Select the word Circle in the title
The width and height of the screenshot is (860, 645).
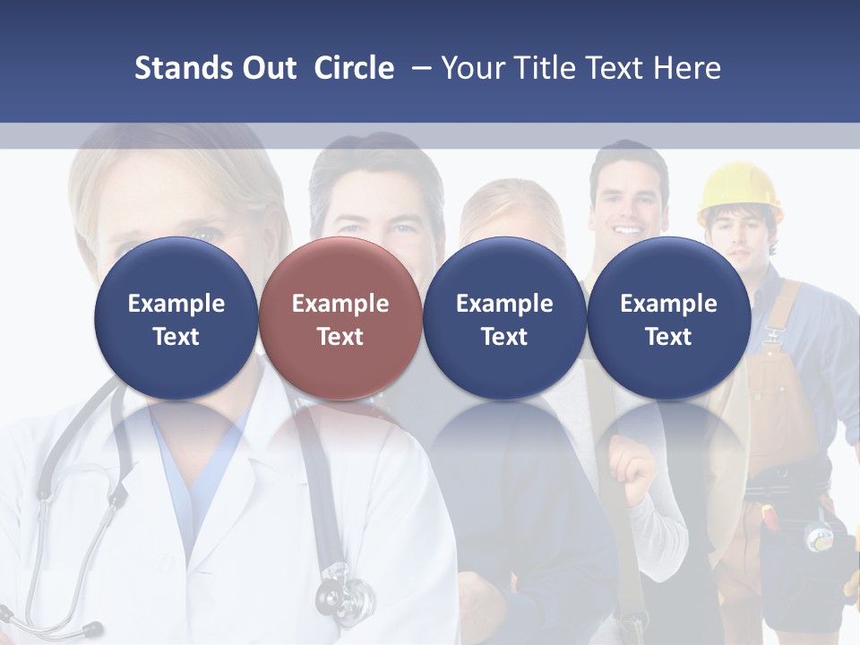(354, 68)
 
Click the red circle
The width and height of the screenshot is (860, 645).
(340, 319)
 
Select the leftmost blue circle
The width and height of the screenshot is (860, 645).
(176, 319)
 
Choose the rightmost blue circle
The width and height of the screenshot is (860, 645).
(668, 319)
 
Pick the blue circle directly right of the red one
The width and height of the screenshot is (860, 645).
(504, 319)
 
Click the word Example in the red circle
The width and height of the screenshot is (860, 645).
(340, 304)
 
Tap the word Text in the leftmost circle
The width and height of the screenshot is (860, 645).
(176, 337)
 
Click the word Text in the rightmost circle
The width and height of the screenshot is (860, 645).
(668, 337)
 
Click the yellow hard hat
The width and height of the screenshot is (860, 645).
(739, 190)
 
